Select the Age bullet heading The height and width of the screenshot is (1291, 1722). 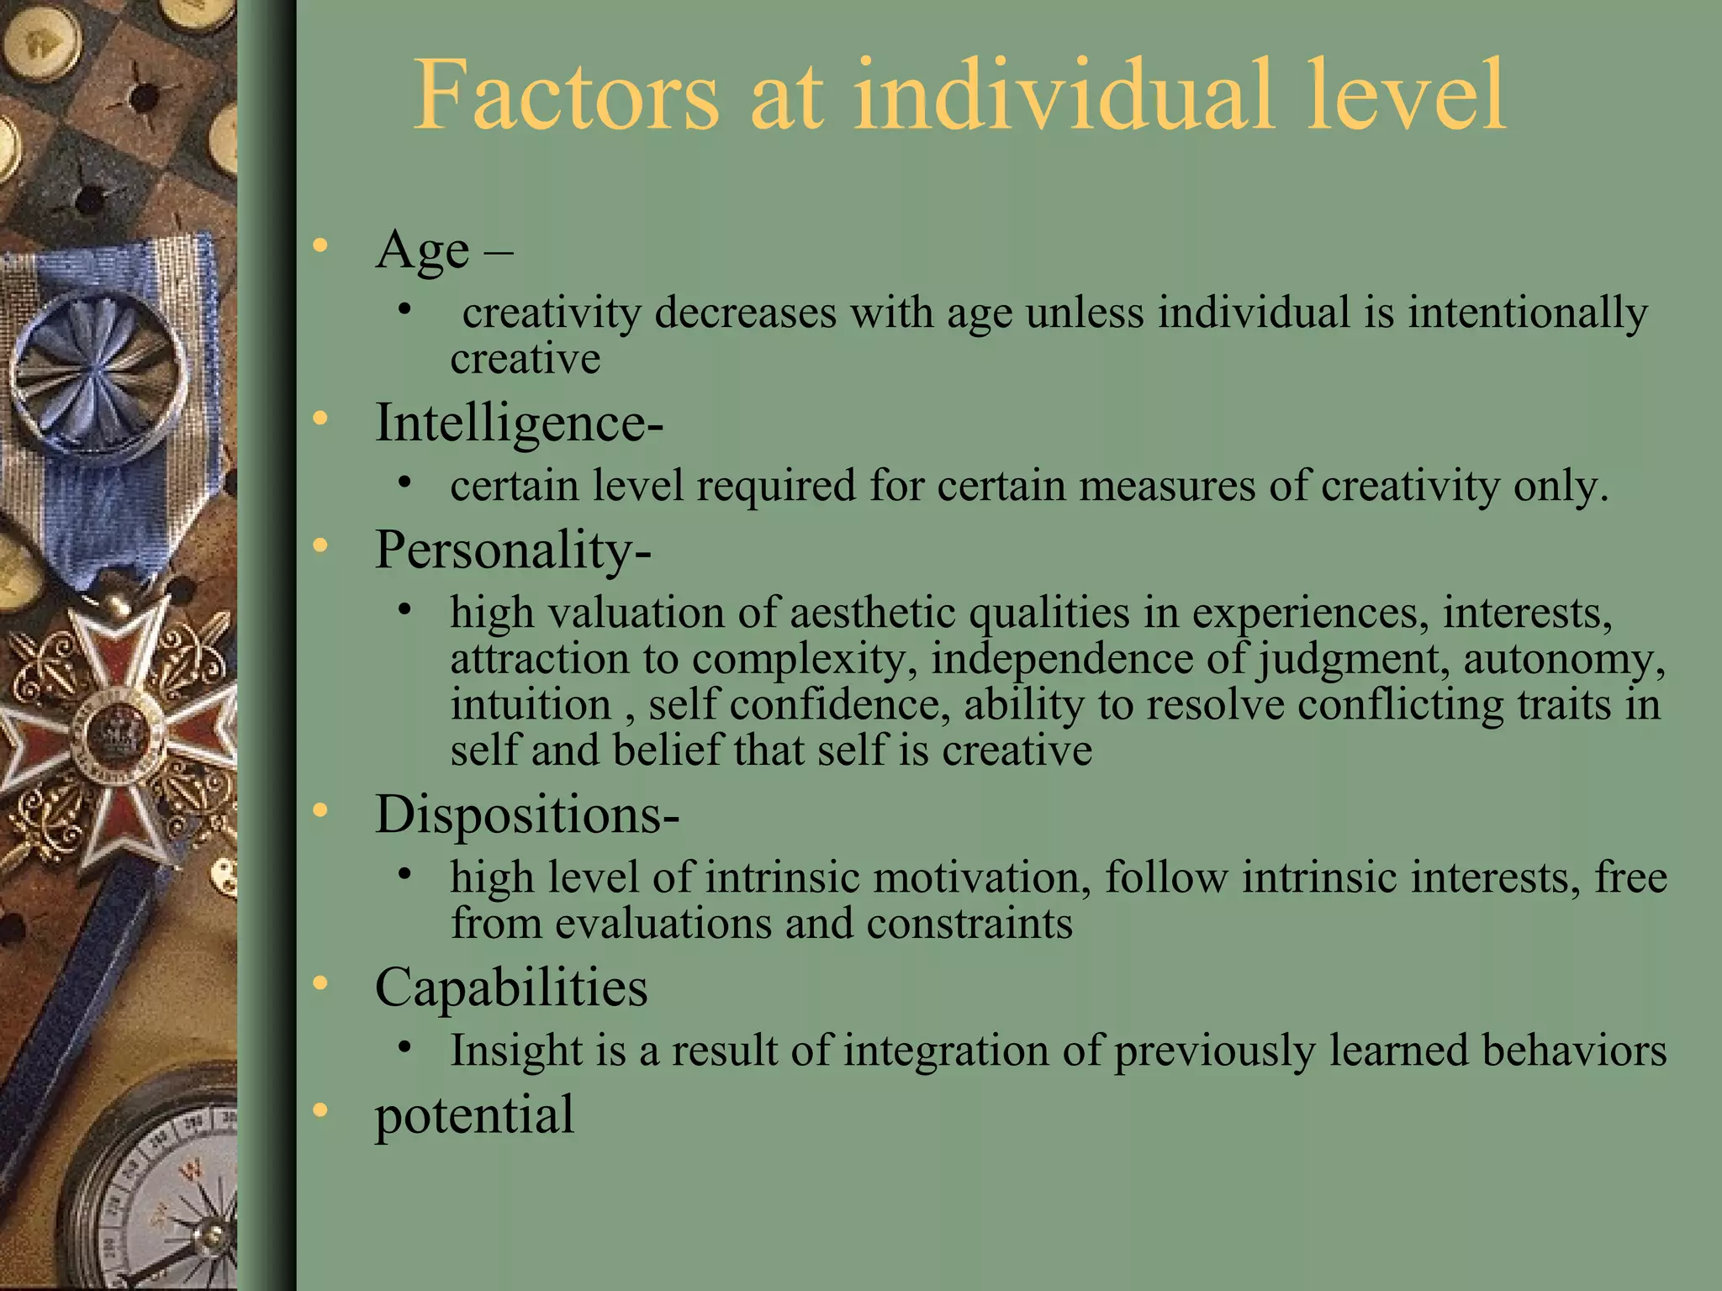(422, 250)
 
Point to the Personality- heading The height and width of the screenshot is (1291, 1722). (512, 551)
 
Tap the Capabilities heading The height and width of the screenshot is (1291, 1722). (511, 987)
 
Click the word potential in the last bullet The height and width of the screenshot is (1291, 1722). (474, 1114)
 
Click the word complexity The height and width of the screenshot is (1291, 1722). (805, 658)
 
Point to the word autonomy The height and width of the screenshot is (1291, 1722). (1564, 658)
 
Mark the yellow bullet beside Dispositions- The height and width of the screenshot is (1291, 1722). (320, 811)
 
